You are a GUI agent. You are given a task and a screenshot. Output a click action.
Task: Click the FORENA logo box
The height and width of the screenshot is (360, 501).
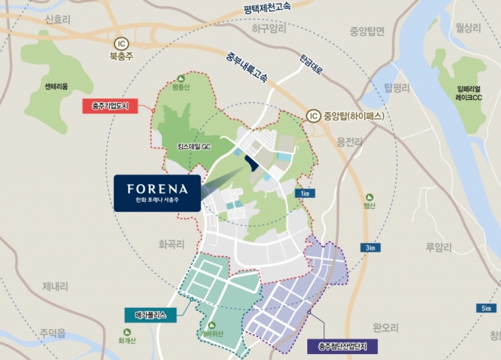point(157,193)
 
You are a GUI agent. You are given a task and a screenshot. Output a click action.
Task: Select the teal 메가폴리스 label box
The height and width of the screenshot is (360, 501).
point(150,314)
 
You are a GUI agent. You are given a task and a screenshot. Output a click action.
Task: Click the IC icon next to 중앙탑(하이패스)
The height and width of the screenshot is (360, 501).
point(313,115)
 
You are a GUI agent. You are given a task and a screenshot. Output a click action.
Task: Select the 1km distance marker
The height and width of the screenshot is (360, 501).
point(305,193)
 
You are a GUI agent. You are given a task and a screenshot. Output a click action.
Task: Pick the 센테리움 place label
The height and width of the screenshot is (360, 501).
point(56,86)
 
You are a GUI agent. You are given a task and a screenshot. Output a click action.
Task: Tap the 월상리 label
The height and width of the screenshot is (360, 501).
point(468,28)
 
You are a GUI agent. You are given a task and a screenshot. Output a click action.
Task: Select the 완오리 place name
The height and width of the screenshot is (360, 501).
point(386,326)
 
